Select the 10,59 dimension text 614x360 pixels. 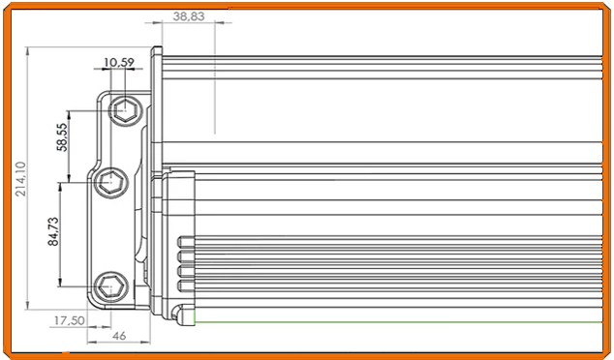118,63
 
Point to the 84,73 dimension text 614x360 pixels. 54,233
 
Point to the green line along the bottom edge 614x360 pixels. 387,321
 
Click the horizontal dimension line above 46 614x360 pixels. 121,326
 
